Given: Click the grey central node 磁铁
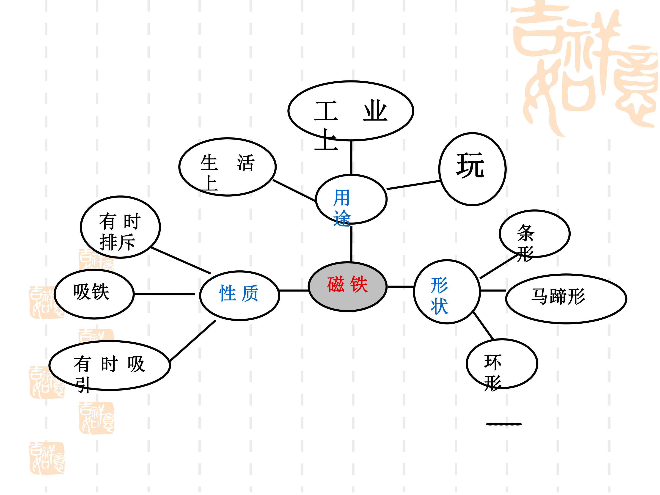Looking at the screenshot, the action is point(348,287).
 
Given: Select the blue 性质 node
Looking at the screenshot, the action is point(239,295).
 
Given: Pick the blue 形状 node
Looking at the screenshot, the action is point(447,292).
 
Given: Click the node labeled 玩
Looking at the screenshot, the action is point(472,169).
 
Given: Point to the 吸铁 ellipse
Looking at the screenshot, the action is point(94,294).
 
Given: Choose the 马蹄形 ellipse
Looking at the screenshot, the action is point(566,299).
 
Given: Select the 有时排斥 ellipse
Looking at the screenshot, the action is point(121,227).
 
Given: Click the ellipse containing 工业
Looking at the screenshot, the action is point(351,111).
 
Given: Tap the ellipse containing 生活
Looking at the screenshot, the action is point(227,167).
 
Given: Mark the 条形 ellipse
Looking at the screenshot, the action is point(535,234).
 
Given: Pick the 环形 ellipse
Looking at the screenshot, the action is point(502,364).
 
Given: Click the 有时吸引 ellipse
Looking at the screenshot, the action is point(110,366).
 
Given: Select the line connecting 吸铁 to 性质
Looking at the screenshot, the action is point(164,294).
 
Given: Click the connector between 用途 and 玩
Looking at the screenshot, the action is point(414,185).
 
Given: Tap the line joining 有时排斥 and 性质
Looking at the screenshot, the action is point(181,260).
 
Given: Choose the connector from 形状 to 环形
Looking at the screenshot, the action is point(483,326).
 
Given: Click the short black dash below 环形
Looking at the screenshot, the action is point(504,424).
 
